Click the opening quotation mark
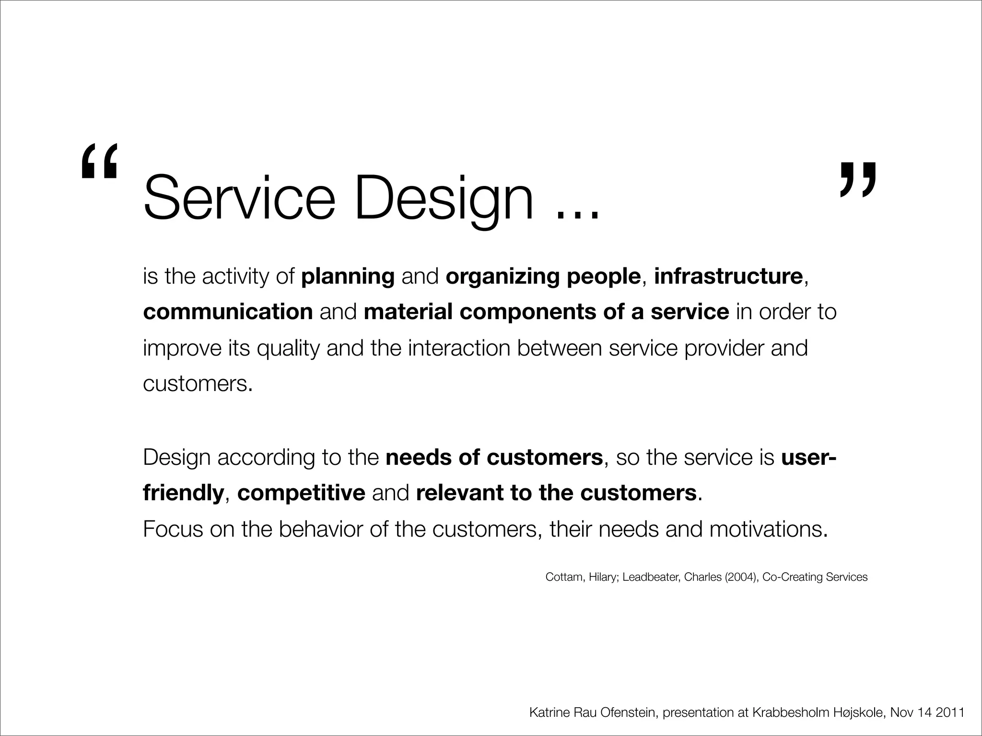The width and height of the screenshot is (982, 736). (99, 161)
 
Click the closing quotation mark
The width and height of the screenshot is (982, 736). (858, 180)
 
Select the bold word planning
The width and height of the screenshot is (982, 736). (348, 276)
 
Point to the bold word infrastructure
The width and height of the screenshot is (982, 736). (728, 276)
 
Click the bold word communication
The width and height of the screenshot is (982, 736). (228, 312)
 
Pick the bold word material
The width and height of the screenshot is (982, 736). (408, 312)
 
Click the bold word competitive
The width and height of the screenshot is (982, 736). (301, 493)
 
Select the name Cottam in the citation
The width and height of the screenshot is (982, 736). (564, 577)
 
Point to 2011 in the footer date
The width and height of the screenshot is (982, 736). (950, 713)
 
